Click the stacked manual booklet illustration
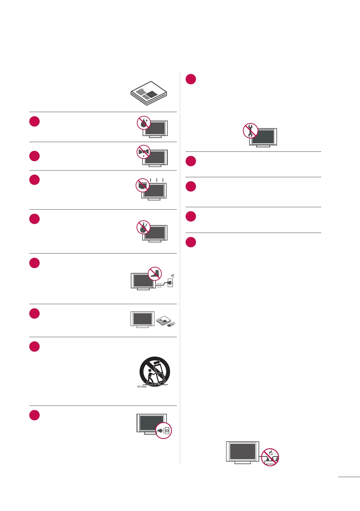149,93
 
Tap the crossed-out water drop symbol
144,122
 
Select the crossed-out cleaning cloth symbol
144,151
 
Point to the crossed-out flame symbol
144,227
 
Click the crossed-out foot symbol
155,274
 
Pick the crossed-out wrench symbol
250,131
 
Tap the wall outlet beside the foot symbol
170,283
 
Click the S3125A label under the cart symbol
142,387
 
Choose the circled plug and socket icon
163,430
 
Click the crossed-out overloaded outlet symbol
270,457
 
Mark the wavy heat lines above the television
157,180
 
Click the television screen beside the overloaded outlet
243,451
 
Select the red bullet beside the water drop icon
35,121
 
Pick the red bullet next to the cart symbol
35,346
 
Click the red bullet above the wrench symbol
191,79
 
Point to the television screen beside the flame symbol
155,233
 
